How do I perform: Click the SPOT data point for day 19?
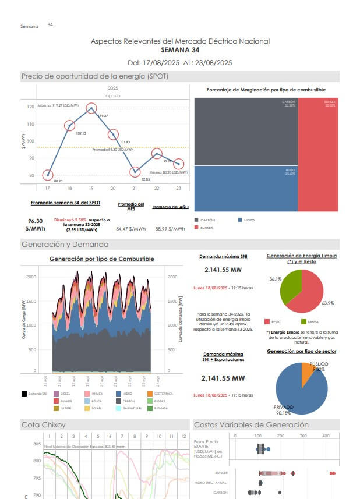(x=91, y=108)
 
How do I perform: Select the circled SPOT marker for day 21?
(x=135, y=172)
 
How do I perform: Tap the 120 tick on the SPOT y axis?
(x=30, y=107)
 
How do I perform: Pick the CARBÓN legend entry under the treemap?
(x=207, y=220)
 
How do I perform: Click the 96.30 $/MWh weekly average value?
(x=35, y=225)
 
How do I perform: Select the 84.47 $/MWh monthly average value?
(x=131, y=229)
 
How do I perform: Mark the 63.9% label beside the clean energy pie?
(x=328, y=303)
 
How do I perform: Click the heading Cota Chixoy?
(x=41, y=424)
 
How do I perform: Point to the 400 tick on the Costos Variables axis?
(x=326, y=436)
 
